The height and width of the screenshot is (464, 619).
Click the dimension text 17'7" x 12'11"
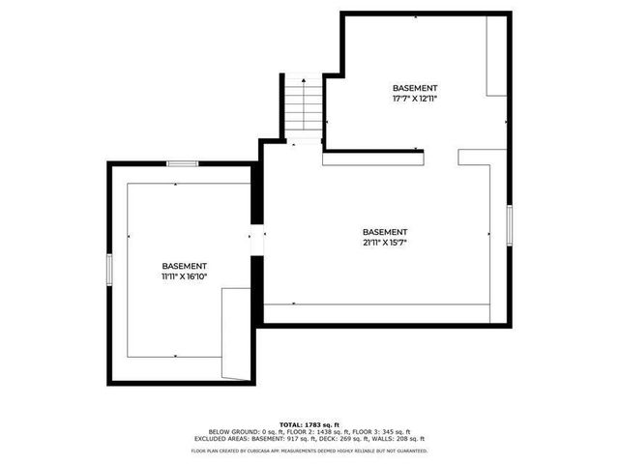point(415,97)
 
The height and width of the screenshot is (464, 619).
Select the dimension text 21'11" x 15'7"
point(385,243)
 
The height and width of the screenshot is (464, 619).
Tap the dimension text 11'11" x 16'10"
point(184,276)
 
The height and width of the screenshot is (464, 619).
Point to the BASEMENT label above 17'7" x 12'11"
point(415,87)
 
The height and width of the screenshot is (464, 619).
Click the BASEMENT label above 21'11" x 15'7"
point(385,232)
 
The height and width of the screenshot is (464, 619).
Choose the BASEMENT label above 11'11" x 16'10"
point(184,266)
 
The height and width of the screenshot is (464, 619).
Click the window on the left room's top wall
point(183,163)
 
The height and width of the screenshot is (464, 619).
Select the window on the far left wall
point(108,269)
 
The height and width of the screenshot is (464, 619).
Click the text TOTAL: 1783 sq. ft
point(309,424)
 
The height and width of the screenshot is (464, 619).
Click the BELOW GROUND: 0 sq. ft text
point(240,432)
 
